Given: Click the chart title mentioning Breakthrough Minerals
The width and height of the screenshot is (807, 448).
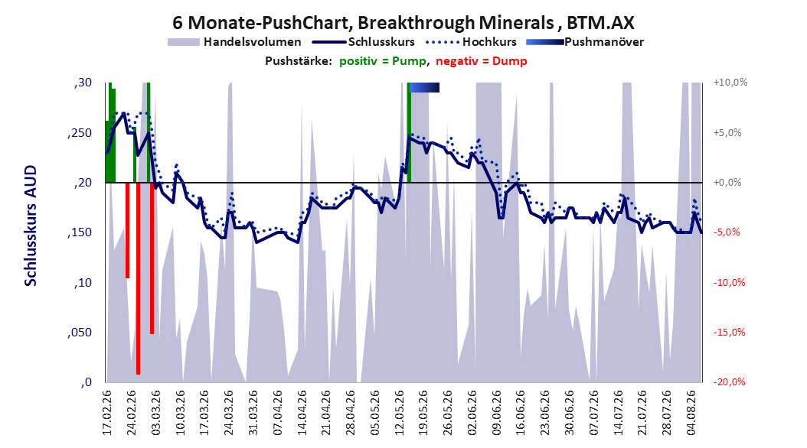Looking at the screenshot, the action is click(x=403, y=23).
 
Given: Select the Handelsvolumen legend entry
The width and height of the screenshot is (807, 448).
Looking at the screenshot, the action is click(x=235, y=42).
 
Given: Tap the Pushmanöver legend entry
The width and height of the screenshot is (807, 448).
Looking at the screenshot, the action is click(x=585, y=42).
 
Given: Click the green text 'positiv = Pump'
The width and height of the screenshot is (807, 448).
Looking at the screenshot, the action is click(x=383, y=61).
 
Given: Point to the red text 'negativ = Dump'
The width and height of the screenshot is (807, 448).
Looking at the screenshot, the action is click(x=482, y=61).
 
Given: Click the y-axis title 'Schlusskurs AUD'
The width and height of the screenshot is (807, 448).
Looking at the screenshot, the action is click(x=31, y=226).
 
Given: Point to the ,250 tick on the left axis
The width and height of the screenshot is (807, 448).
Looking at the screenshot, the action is click(x=80, y=132).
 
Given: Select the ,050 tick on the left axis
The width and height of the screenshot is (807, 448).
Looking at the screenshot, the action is click(x=80, y=333).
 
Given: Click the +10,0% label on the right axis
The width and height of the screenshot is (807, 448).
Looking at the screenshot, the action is click(x=730, y=83).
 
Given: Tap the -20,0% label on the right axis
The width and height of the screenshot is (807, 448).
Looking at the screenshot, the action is click(x=730, y=381).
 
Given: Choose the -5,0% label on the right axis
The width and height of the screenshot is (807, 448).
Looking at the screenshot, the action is click(x=727, y=232).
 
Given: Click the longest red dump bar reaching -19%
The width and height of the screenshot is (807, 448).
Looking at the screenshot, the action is click(x=138, y=278).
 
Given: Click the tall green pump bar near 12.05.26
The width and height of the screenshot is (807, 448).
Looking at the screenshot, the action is click(x=409, y=132).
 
